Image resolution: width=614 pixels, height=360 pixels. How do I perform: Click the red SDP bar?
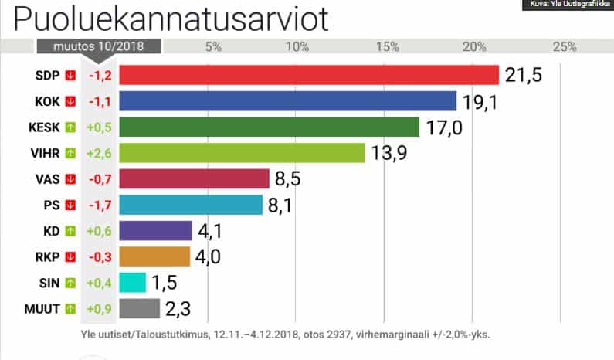(x=309, y=75)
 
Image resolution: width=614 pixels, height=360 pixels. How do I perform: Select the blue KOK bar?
(x=287, y=101)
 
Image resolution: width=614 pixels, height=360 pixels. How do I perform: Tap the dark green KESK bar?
(x=269, y=127)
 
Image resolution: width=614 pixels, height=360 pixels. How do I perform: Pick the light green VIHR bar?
(x=242, y=153)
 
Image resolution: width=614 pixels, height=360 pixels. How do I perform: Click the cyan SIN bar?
(x=132, y=284)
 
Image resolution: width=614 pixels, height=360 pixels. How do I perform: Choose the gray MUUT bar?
(x=139, y=310)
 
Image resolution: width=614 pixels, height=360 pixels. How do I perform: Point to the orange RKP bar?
(x=154, y=257)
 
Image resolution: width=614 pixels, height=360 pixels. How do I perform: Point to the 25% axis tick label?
(x=565, y=47)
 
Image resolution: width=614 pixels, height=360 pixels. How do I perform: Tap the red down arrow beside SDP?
(x=71, y=75)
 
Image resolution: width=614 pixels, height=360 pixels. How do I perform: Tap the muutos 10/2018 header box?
(x=98, y=46)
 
